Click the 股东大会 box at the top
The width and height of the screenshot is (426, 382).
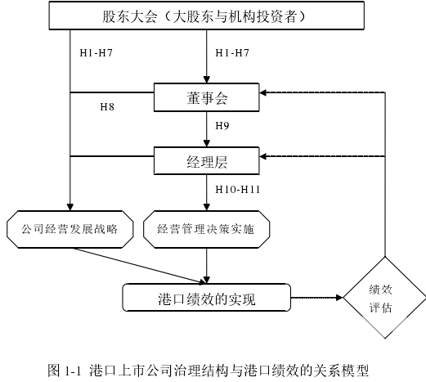(x=206, y=16)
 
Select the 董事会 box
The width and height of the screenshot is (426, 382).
(x=206, y=97)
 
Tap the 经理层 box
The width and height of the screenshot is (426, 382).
(x=206, y=161)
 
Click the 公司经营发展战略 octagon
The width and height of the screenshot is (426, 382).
(x=70, y=229)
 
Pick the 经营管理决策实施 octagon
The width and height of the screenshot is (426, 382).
(x=206, y=229)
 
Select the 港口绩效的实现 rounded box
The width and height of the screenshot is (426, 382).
(x=206, y=298)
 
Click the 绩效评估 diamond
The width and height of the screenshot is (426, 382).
(x=384, y=298)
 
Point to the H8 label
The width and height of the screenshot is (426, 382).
(x=107, y=107)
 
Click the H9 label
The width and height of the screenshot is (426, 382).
(x=222, y=126)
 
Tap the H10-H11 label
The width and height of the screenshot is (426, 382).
(x=237, y=189)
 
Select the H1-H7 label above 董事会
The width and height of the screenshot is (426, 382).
(x=232, y=52)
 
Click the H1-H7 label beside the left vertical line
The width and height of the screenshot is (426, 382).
(x=96, y=52)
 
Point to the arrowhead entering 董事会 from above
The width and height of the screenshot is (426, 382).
(x=207, y=79)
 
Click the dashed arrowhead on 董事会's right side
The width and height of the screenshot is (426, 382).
(x=262, y=92)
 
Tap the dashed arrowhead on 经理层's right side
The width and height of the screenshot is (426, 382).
(x=262, y=156)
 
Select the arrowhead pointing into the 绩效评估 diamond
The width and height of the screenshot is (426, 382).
(x=339, y=298)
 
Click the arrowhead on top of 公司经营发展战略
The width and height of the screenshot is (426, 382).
(x=70, y=207)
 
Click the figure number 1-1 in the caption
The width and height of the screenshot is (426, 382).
(x=74, y=371)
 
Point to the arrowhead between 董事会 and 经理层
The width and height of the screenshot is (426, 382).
(x=207, y=143)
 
